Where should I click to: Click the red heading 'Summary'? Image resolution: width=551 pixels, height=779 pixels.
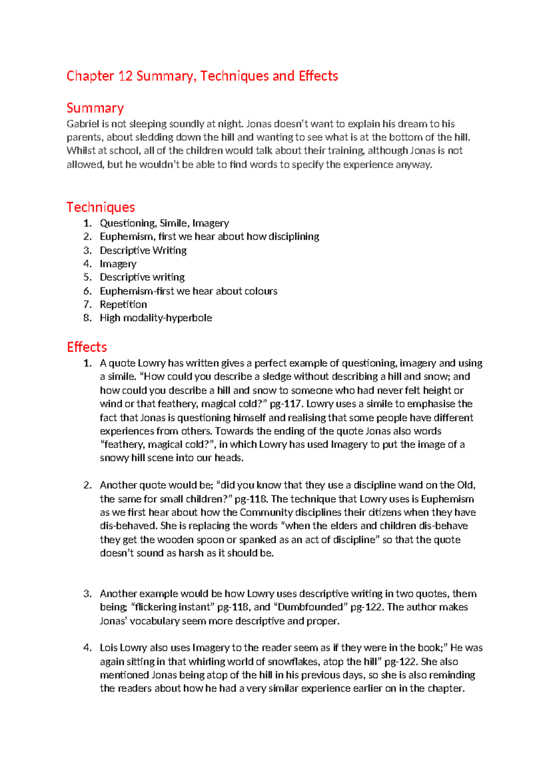pos(95,108)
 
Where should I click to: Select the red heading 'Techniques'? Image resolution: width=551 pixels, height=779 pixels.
pos(101,207)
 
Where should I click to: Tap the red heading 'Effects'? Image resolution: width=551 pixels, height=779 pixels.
pos(87,347)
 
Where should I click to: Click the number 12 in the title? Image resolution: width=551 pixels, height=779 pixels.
pos(125,76)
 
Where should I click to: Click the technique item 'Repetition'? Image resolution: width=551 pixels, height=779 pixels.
pos(123,305)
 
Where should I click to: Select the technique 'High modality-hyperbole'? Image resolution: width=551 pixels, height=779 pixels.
pos(156,318)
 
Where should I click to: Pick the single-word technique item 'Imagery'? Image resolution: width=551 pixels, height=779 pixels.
pos(118,264)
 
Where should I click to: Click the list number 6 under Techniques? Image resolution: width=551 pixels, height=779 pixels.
pos(87,291)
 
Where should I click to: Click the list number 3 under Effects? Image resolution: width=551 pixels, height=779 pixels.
pos(87,594)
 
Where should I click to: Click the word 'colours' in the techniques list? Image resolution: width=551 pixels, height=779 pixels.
pos(261,291)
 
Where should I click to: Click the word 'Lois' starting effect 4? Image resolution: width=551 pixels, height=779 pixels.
pos(108,648)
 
